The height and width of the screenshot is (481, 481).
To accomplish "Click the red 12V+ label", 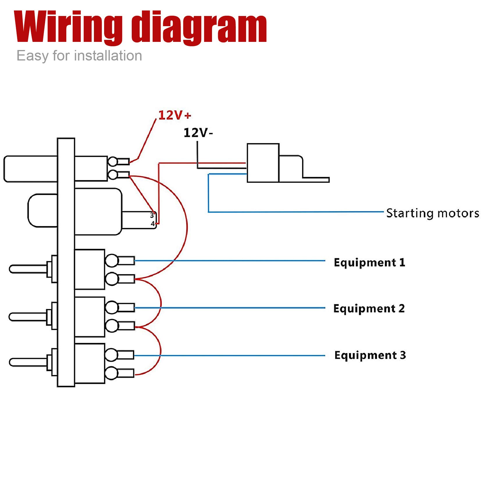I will (174, 115).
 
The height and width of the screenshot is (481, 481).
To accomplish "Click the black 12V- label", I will (198, 133).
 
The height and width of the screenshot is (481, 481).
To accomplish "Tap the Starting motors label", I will (432, 213).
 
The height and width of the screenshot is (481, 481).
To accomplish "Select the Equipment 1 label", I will (369, 262).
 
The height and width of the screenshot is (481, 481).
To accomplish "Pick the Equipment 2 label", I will (369, 308).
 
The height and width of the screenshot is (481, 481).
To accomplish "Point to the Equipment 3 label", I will (370, 355).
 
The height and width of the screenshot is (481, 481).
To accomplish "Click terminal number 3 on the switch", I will (152, 215).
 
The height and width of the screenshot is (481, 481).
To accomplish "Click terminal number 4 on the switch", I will (152, 224).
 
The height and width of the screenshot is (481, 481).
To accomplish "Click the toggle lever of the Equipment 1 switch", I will (28, 269).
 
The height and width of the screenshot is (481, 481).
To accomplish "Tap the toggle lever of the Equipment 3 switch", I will (28, 362).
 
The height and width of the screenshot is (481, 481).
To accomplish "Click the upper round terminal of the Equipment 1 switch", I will (111, 260).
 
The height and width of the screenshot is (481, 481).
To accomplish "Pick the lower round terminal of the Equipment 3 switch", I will (111, 373).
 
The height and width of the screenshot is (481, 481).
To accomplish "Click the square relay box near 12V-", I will (263, 163).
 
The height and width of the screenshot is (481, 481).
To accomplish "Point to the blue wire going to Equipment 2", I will (233, 308).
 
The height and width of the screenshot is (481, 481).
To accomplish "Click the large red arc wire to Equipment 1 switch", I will (187, 227).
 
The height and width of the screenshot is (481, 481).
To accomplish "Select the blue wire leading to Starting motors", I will (291, 212).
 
